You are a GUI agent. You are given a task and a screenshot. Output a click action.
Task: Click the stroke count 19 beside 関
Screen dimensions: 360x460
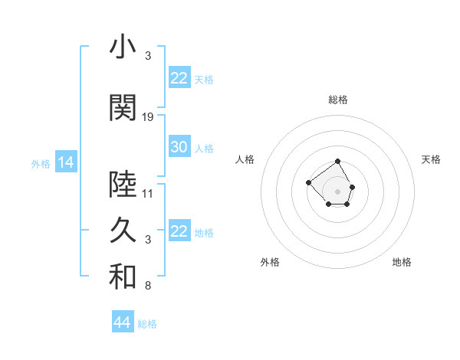point(148,117)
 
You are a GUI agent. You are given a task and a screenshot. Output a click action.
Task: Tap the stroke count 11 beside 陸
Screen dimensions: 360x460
point(148,193)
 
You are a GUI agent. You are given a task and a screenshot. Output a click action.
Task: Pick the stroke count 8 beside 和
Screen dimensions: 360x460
point(148,286)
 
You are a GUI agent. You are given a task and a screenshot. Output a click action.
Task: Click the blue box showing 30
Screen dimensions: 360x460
point(179,147)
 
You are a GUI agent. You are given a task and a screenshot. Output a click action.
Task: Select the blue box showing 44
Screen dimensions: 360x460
point(122,322)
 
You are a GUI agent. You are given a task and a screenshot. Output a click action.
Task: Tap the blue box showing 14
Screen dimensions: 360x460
point(65,162)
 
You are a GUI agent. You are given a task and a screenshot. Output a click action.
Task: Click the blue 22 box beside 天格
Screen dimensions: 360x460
point(179,78)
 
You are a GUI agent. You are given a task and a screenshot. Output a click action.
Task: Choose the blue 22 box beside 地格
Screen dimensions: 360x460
point(179,231)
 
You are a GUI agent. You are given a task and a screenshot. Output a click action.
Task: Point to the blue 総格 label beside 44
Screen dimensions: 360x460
point(147,324)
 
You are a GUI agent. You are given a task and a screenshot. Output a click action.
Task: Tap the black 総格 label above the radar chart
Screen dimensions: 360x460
point(338,100)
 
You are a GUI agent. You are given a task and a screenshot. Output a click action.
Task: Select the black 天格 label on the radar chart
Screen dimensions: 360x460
point(431,159)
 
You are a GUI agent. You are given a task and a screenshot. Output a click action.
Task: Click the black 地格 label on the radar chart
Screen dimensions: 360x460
point(402,262)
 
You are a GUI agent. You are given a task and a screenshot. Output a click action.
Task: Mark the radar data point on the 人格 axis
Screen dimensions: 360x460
point(308,182)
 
